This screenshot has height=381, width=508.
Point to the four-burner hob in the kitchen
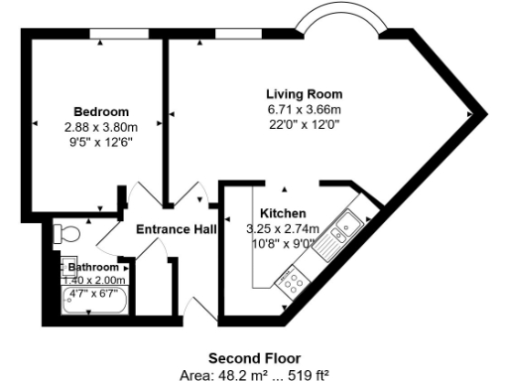293,282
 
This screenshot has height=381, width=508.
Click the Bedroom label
100,111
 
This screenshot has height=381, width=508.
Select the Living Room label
304,94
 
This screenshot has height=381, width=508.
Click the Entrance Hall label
177,229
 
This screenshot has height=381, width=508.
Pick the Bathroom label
93,268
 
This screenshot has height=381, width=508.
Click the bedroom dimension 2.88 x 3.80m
100,126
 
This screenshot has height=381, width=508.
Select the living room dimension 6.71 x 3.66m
304,109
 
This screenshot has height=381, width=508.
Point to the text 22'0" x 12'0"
304,124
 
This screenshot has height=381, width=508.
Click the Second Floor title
254,357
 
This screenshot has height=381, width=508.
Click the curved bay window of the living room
338,19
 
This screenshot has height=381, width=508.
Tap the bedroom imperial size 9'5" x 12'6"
100,141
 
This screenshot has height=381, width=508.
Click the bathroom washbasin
70,268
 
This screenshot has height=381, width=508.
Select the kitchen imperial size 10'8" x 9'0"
282,242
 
